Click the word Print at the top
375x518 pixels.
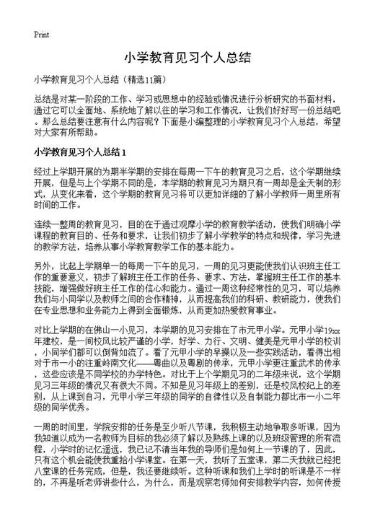(x=41, y=34)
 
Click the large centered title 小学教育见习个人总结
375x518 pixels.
(x=187, y=58)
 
